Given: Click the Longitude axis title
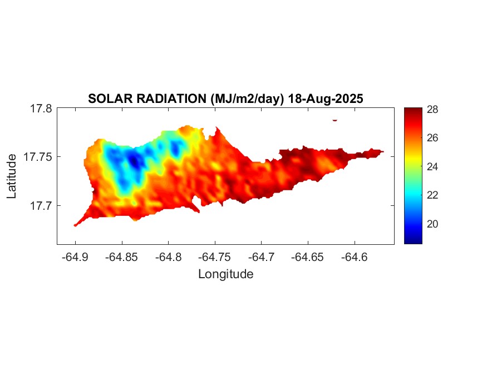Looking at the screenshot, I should pos(225,274).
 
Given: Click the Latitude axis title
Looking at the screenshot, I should pos(12,177).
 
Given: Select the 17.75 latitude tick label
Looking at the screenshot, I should pos(38,157).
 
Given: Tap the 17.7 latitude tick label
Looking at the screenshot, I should pos(41,205).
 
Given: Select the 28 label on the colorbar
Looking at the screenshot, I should pos(432,109).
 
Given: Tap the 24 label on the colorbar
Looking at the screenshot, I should pos(432,166).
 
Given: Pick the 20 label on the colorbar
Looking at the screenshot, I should pos(432,224).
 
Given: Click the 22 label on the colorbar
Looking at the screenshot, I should pos(432,195).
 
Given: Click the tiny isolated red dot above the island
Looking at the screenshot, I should pos(335,120).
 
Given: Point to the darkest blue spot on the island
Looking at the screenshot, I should pos(134,162).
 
